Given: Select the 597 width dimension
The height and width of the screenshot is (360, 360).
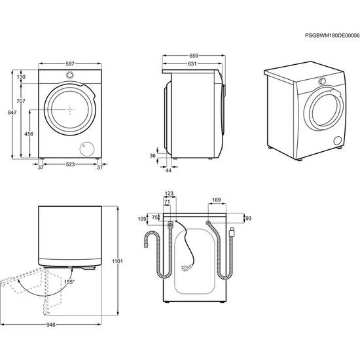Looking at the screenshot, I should tap(69, 64).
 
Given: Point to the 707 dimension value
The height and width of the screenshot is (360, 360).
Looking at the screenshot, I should tap(21, 101).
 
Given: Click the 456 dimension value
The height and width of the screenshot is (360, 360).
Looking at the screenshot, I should tap(29, 134).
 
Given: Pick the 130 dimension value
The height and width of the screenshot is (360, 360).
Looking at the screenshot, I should tap(21, 77).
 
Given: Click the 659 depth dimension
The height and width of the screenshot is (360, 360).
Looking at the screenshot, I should tap(193, 55).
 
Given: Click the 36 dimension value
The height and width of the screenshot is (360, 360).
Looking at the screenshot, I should tap(153, 155).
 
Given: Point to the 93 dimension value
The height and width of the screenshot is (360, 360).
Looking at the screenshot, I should tap(247, 218).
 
